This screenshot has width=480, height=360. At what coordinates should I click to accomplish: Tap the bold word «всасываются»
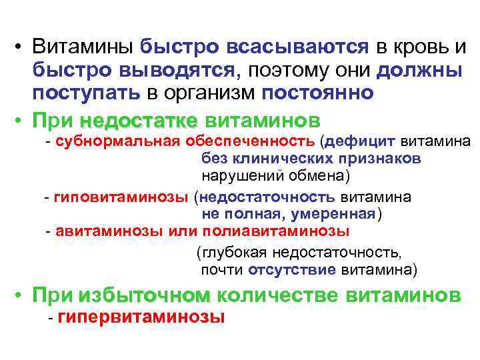tap(297, 47)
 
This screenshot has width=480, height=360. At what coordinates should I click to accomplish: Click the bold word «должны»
tap(423, 70)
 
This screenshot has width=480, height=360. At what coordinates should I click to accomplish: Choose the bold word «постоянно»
tap(319, 92)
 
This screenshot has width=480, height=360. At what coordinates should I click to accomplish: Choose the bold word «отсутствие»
tap(291, 270)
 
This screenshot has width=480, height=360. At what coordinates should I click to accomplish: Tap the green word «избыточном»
tap(144, 295)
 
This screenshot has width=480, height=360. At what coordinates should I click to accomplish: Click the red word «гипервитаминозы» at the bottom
tap(141, 317)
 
